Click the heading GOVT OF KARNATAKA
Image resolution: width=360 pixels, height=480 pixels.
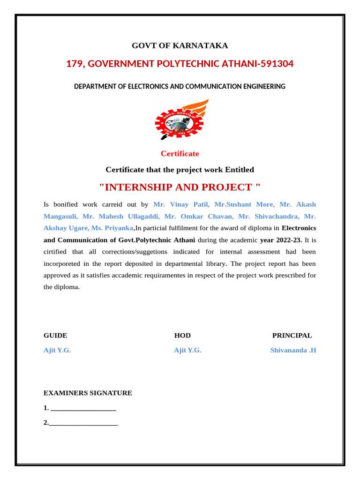[x=180, y=45]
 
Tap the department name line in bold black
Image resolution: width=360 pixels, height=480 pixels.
[x=180, y=87]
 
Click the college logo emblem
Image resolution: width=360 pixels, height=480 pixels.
[x=180, y=120]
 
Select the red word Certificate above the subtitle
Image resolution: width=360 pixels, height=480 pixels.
[x=180, y=154]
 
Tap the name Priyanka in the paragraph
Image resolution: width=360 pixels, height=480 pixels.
[x=119, y=228]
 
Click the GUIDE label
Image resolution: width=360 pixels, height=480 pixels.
[x=55, y=336]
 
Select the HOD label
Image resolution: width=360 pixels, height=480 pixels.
[x=182, y=336]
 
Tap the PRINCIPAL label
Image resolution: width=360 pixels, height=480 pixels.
[x=292, y=336]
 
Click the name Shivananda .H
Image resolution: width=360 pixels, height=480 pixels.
[x=293, y=350]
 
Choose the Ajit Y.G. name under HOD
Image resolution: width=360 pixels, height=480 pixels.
[x=187, y=350]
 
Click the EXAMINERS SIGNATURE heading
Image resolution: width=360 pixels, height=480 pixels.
[x=88, y=393]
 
